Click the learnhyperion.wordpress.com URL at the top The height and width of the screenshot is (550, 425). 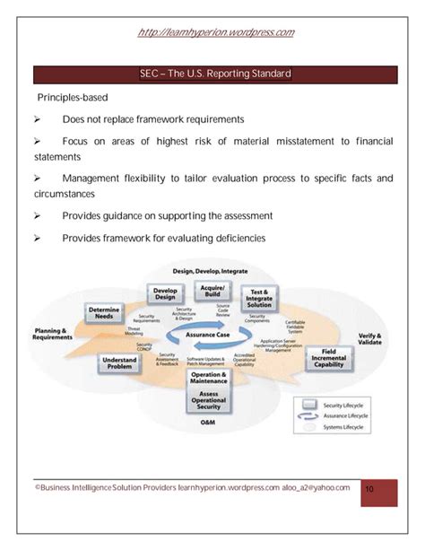[216, 32]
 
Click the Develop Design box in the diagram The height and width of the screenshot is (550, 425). [165, 293]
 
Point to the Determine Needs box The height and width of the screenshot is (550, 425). [105, 313]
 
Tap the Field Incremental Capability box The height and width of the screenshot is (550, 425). [330, 359]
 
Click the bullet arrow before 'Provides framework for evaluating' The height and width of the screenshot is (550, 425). [38, 239]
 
